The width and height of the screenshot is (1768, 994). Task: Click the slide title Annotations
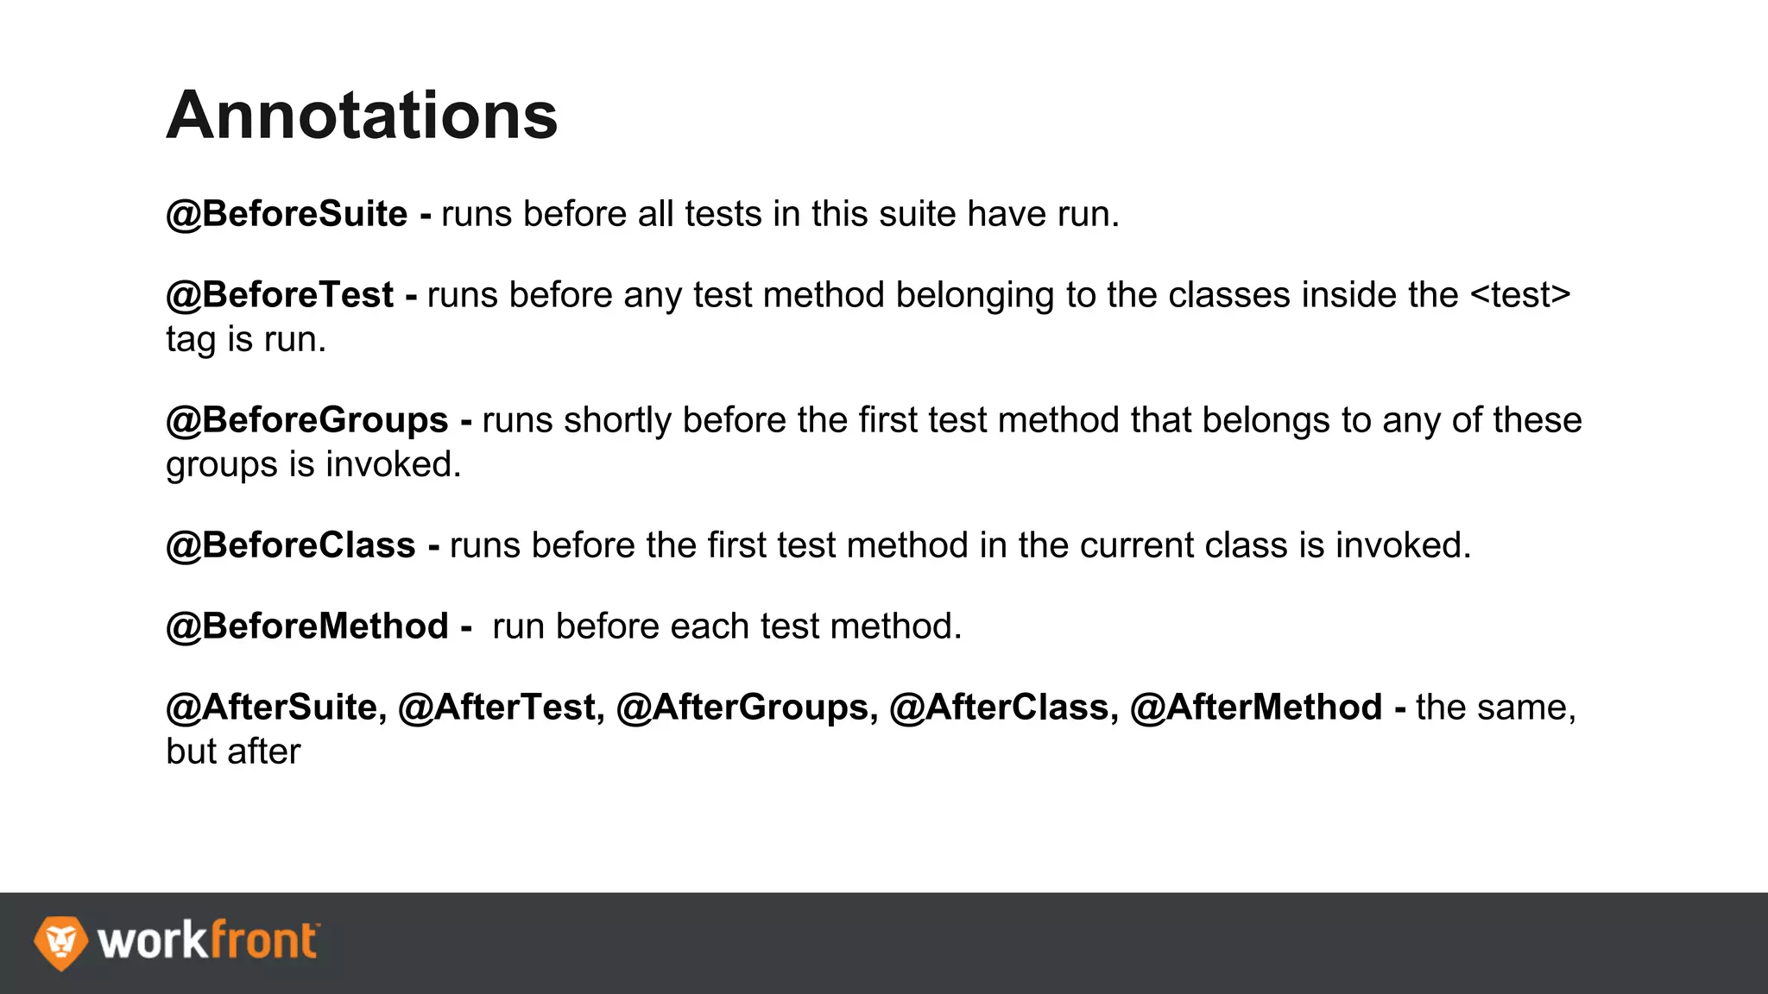[x=362, y=116]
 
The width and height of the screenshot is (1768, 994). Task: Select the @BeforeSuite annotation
[x=287, y=214]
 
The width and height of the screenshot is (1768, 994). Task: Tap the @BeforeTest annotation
[x=280, y=295]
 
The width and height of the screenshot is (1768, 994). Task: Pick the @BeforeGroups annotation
[x=307, y=420]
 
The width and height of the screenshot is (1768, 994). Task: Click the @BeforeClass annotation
[x=291, y=545]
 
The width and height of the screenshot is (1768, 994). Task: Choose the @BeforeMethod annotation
[x=307, y=626]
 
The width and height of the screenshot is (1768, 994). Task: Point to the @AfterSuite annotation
[x=272, y=708]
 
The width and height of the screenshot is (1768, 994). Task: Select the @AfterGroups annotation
[x=742, y=708]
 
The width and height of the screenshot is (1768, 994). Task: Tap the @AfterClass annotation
[x=1000, y=708]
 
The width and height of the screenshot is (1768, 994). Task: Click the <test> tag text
[x=1519, y=295]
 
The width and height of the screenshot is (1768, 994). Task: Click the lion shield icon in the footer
[x=60, y=942]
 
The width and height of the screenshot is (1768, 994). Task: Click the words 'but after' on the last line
[x=233, y=752]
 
